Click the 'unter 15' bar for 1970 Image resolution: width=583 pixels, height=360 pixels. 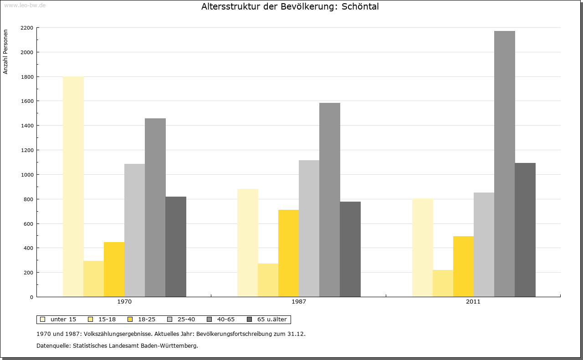click(x=73, y=187)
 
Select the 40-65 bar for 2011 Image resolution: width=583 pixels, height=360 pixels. click(x=504, y=164)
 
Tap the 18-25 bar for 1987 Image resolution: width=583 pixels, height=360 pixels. click(x=288, y=253)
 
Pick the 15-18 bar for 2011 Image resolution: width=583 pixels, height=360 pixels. click(x=443, y=283)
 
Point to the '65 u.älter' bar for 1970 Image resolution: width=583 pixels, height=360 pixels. click(x=176, y=247)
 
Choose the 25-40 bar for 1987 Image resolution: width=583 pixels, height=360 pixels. click(x=309, y=228)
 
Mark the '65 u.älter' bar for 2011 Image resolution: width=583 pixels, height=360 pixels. click(x=525, y=230)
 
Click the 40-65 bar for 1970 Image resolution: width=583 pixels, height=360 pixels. click(x=155, y=208)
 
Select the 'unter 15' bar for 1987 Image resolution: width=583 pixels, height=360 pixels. click(x=247, y=243)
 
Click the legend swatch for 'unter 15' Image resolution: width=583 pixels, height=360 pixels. click(x=42, y=319)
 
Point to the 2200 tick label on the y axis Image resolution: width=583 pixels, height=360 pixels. click(x=27, y=28)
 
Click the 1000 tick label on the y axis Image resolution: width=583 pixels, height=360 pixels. click(x=27, y=175)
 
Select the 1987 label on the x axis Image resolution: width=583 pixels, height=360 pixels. click(x=299, y=302)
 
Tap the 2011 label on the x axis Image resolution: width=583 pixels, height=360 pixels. click(x=473, y=302)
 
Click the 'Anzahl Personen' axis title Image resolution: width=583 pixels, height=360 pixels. click(x=5, y=52)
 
